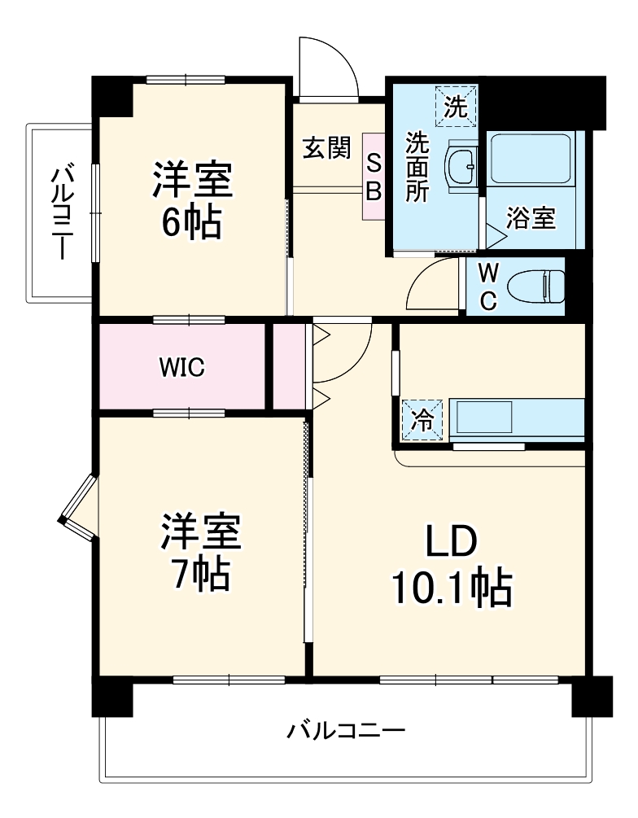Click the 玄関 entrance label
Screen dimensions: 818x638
(x=327, y=148)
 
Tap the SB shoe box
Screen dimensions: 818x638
(x=373, y=177)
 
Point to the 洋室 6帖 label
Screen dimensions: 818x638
(x=192, y=199)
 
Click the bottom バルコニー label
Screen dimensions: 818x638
(x=345, y=730)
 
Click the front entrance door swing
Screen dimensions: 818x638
(x=326, y=68)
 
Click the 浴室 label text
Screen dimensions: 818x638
(x=531, y=218)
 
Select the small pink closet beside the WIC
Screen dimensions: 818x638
(x=288, y=366)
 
